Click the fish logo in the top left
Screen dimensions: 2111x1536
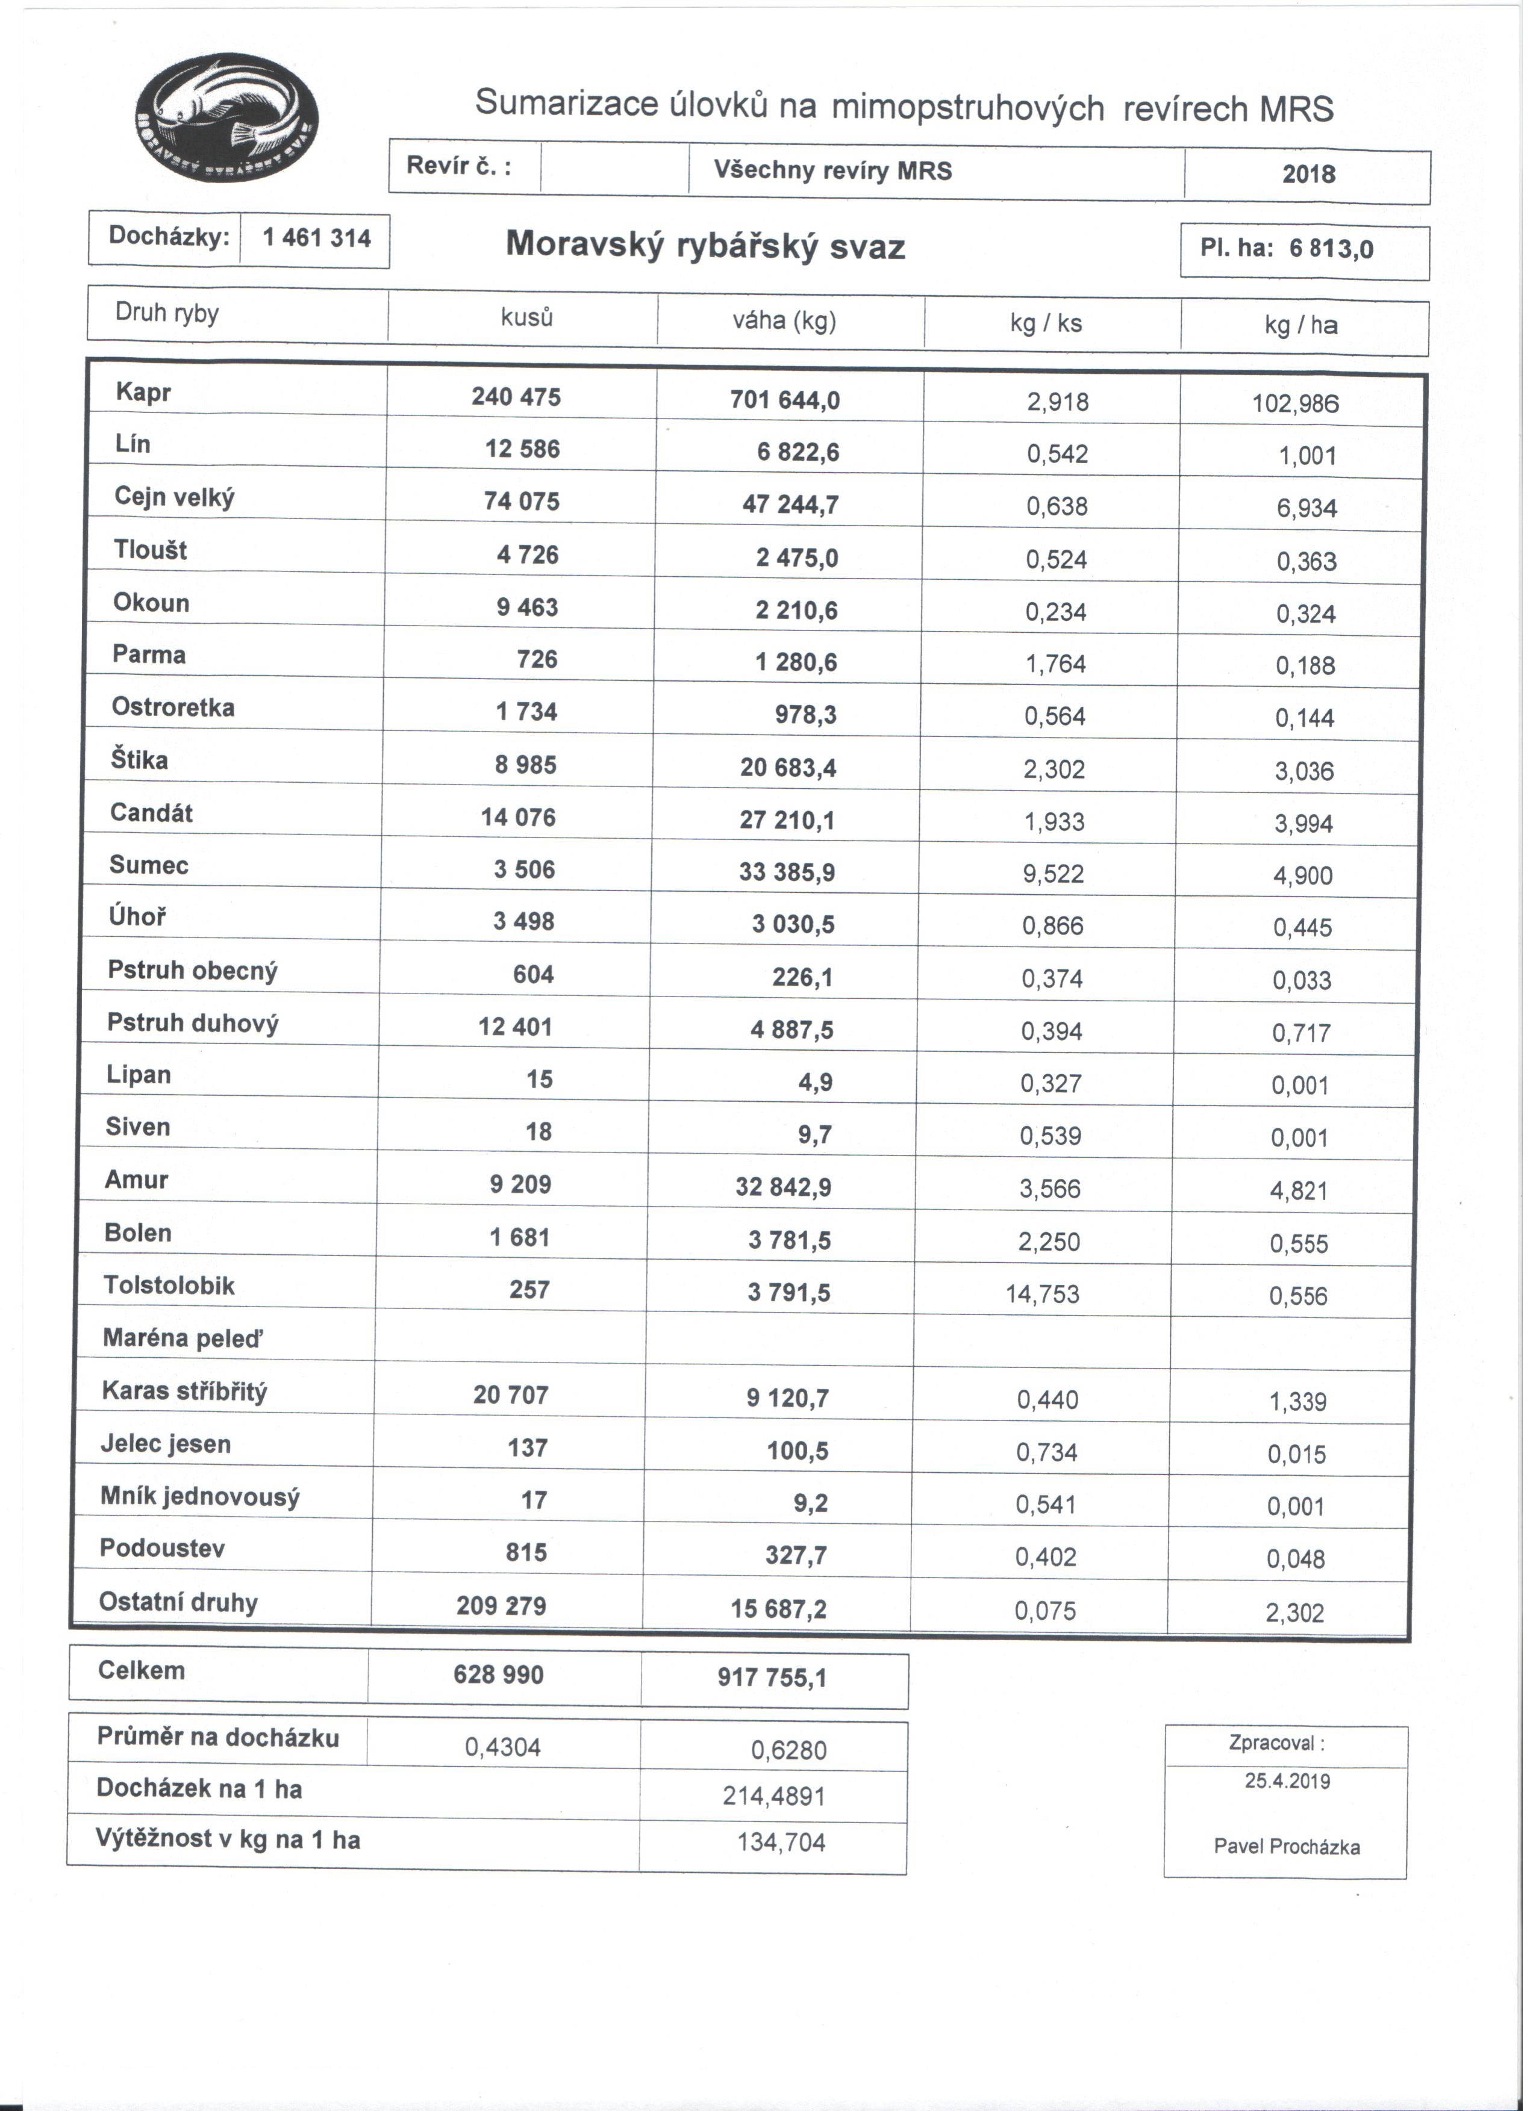[227, 117]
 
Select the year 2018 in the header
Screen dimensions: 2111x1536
[1308, 174]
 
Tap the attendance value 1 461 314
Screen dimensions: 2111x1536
[316, 238]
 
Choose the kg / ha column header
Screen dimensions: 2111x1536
[1302, 325]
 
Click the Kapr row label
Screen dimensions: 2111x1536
[143, 393]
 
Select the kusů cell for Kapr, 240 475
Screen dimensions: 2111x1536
[516, 397]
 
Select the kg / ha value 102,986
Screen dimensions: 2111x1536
[1296, 404]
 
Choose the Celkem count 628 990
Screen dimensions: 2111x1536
[499, 1674]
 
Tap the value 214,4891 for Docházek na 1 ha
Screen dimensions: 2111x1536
[773, 1795]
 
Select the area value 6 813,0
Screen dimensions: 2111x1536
[1331, 249]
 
